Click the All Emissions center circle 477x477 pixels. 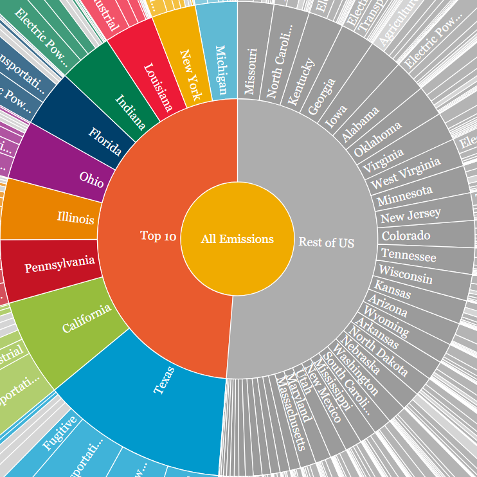(237, 239)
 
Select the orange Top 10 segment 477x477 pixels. (158, 236)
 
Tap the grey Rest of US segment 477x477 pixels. (327, 242)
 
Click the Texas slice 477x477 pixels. (165, 381)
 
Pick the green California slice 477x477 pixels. (86, 319)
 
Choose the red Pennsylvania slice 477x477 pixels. (59, 264)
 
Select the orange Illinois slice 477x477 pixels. (75, 219)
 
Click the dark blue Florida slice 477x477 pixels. (105, 141)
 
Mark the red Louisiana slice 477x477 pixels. (157, 87)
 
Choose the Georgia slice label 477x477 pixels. (321, 97)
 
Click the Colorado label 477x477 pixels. (406, 235)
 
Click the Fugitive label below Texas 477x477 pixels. (60, 433)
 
